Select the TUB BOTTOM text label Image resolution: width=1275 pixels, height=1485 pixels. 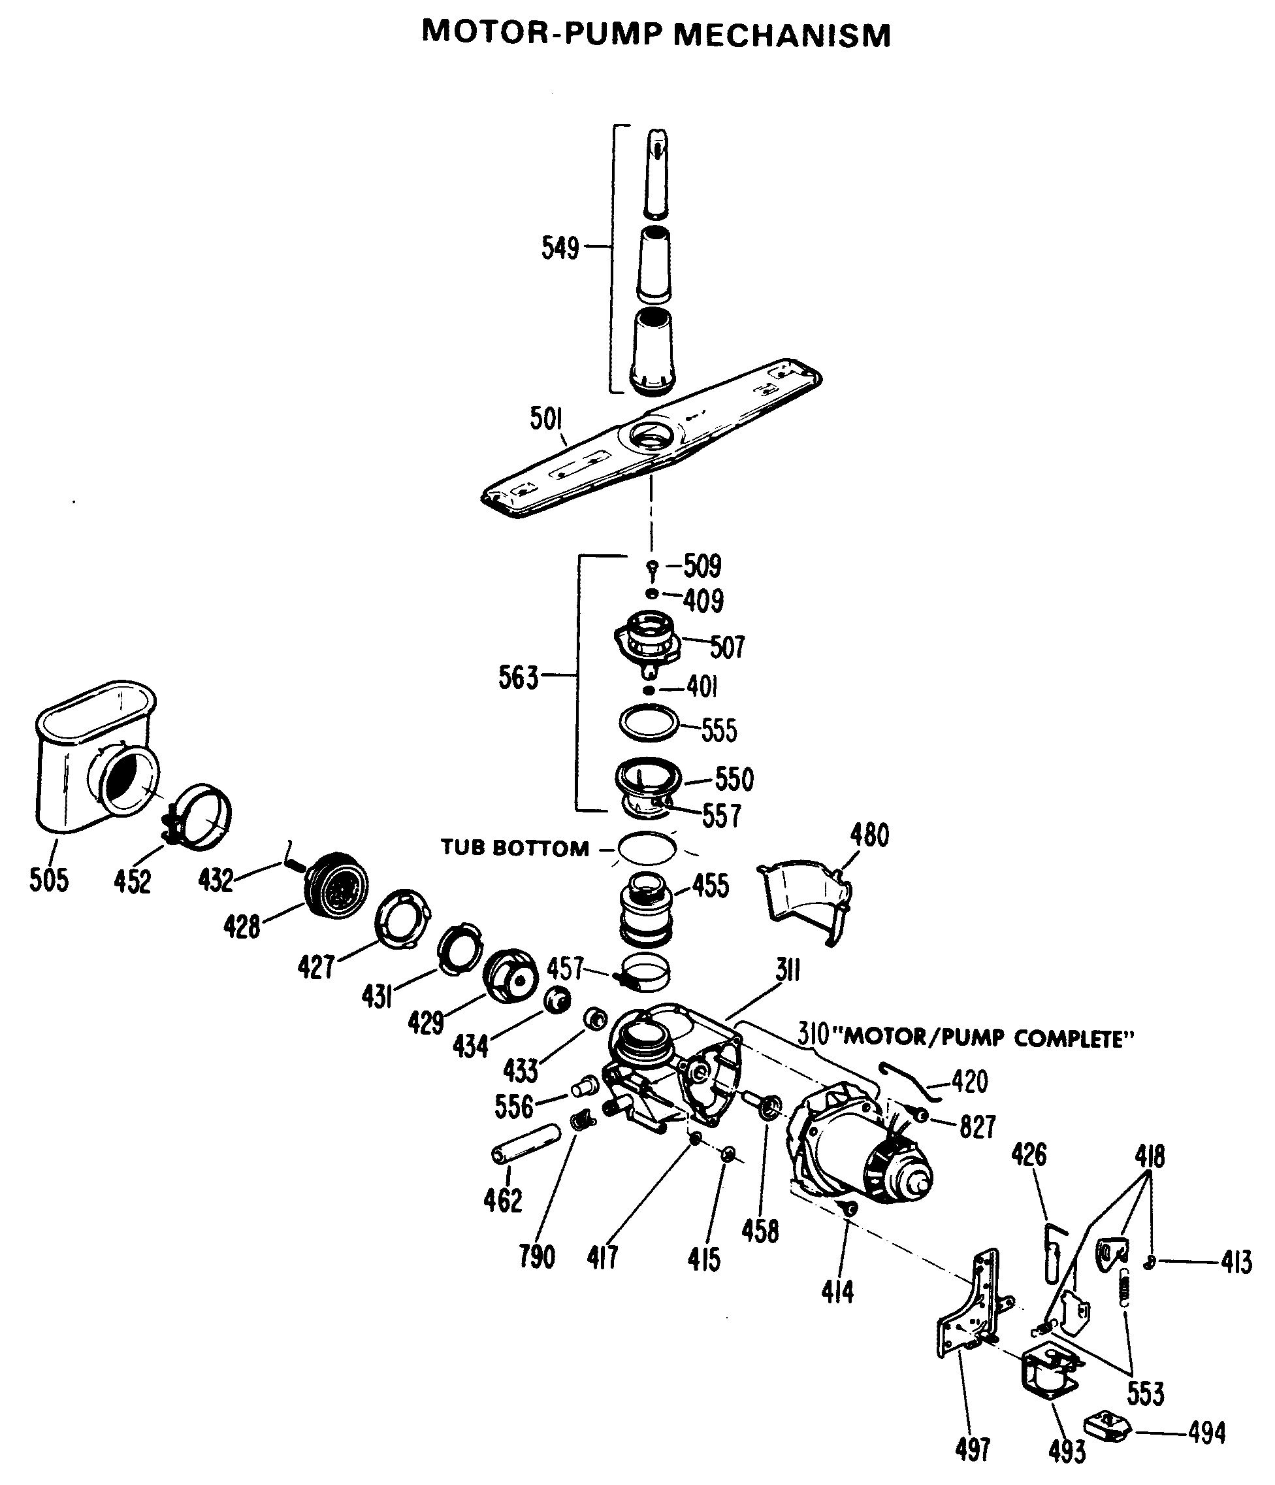coord(514,848)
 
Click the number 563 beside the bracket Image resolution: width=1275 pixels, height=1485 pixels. coord(518,677)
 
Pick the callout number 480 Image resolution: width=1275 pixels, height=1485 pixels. coord(869,836)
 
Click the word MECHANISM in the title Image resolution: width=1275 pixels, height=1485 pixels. coord(783,35)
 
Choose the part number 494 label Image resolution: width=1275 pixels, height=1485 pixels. coord(1207,1433)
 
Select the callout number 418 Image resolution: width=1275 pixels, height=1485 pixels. coord(1150,1156)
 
